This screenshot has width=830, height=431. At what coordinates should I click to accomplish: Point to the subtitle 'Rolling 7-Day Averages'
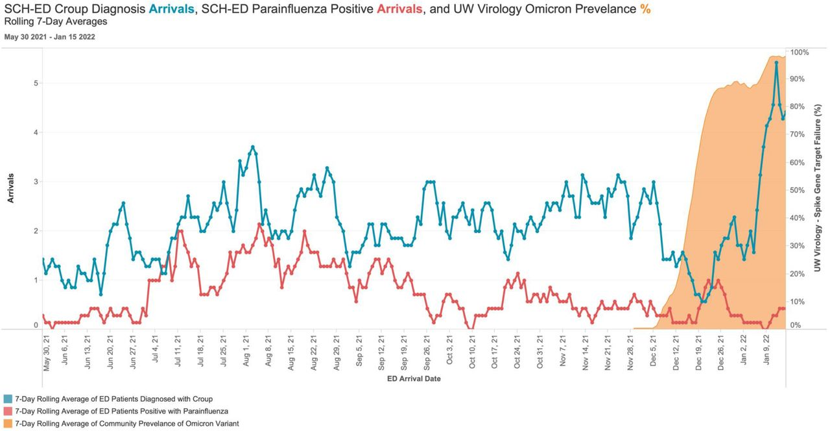pos(56,21)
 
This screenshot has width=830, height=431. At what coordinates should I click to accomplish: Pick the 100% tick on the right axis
pos(798,52)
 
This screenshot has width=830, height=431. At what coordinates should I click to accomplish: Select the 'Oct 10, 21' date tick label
pos(472,354)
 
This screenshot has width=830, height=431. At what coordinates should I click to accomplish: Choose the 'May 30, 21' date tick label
pos(46,354)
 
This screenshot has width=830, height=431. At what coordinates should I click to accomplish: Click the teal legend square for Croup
pos(8,399)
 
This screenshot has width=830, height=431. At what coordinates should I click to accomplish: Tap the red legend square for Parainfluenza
pos(8,412)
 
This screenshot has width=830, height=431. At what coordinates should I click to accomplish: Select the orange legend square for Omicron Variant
pos(8,424)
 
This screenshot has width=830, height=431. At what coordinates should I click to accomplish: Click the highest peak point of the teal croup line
pos(776,63)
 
